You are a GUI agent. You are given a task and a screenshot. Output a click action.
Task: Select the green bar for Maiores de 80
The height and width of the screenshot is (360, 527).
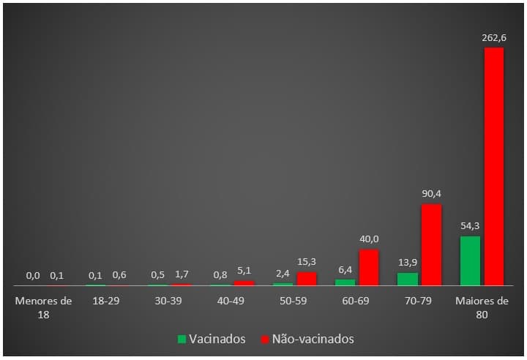coord(470,260)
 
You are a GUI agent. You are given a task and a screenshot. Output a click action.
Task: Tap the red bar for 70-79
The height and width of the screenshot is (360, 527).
coord(431,244)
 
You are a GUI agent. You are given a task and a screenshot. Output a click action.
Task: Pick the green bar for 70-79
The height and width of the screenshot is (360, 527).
coord(408,279)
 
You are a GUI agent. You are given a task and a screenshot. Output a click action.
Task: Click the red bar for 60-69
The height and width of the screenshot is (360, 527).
coord(369,267)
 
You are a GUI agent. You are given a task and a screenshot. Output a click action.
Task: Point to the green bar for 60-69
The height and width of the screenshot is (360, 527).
coord(345,282)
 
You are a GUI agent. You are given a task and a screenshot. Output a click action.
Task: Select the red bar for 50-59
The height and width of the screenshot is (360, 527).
coord(307,279)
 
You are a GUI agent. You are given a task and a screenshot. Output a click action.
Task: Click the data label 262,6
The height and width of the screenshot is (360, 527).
coord(494,37)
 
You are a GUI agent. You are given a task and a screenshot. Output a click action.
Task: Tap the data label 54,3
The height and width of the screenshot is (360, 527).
coord(470,226)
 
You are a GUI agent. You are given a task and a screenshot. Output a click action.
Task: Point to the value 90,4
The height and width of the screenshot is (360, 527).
coord(431,194)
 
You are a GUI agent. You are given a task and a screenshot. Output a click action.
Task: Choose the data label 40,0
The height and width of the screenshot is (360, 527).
coord(369,239)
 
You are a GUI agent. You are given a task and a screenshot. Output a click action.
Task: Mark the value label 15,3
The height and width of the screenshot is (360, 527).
coord(307,261)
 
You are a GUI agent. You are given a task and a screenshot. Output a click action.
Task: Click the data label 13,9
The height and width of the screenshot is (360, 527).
coord(408,263)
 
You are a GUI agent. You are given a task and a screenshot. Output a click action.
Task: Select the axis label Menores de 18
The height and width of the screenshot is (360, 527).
coord(44,307)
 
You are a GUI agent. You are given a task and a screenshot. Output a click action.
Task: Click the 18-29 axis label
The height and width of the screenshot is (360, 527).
coord(106,301)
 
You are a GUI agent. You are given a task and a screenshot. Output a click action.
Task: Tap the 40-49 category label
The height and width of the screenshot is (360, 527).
coord(231,301)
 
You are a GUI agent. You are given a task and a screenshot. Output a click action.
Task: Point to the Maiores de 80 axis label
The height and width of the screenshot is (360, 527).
coord(482,307)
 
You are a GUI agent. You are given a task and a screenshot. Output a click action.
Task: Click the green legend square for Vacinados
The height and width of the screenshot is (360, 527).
coord(182,340)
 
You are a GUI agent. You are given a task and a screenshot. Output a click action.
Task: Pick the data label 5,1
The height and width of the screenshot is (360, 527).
coord(244,270)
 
